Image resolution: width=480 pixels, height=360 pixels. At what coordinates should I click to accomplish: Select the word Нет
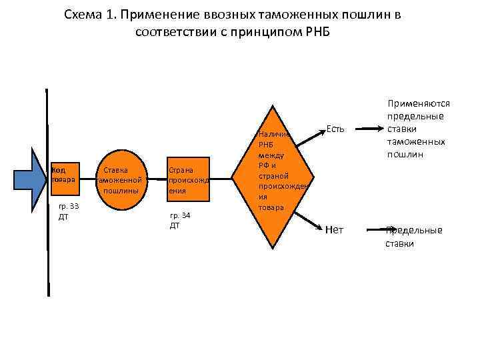click(x=335, y=230)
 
